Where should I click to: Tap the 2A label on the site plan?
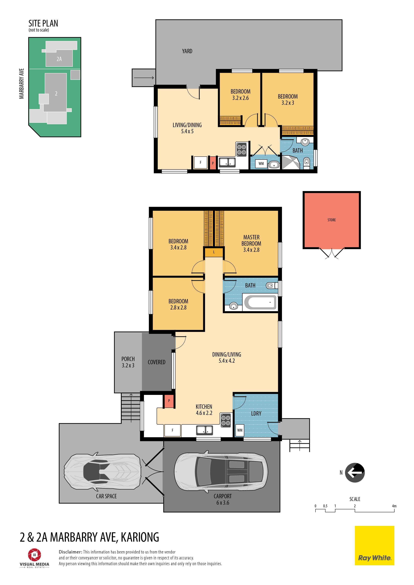point(59,59)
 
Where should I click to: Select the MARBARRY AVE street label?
point(22,84)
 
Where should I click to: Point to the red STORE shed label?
point(332,220)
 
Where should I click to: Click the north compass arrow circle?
point(355,473)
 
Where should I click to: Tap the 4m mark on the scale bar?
point(394,506)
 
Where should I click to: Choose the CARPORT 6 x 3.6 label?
point(223,499)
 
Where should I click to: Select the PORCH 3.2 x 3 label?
point(128,362)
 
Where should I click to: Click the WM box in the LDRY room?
point(240,430)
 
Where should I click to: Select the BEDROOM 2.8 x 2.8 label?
point(178,304)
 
